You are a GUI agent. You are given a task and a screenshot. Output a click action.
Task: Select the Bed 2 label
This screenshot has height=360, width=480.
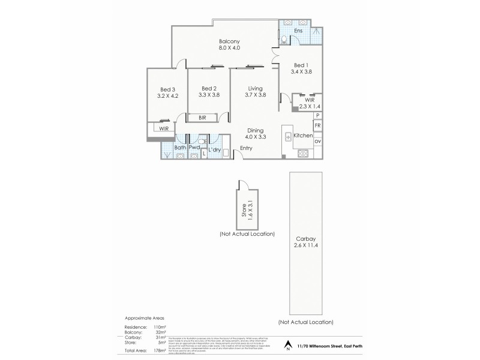coord(209,87)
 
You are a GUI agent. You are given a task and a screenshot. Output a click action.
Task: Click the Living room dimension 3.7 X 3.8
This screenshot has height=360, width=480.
coord(255,94)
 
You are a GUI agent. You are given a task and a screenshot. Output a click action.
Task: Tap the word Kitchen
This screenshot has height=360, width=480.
coord(303,136)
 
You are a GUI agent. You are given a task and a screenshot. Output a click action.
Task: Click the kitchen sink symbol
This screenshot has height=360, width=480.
coord(287,136)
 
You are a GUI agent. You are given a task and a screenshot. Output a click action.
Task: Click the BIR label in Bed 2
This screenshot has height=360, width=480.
coord(203,118)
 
